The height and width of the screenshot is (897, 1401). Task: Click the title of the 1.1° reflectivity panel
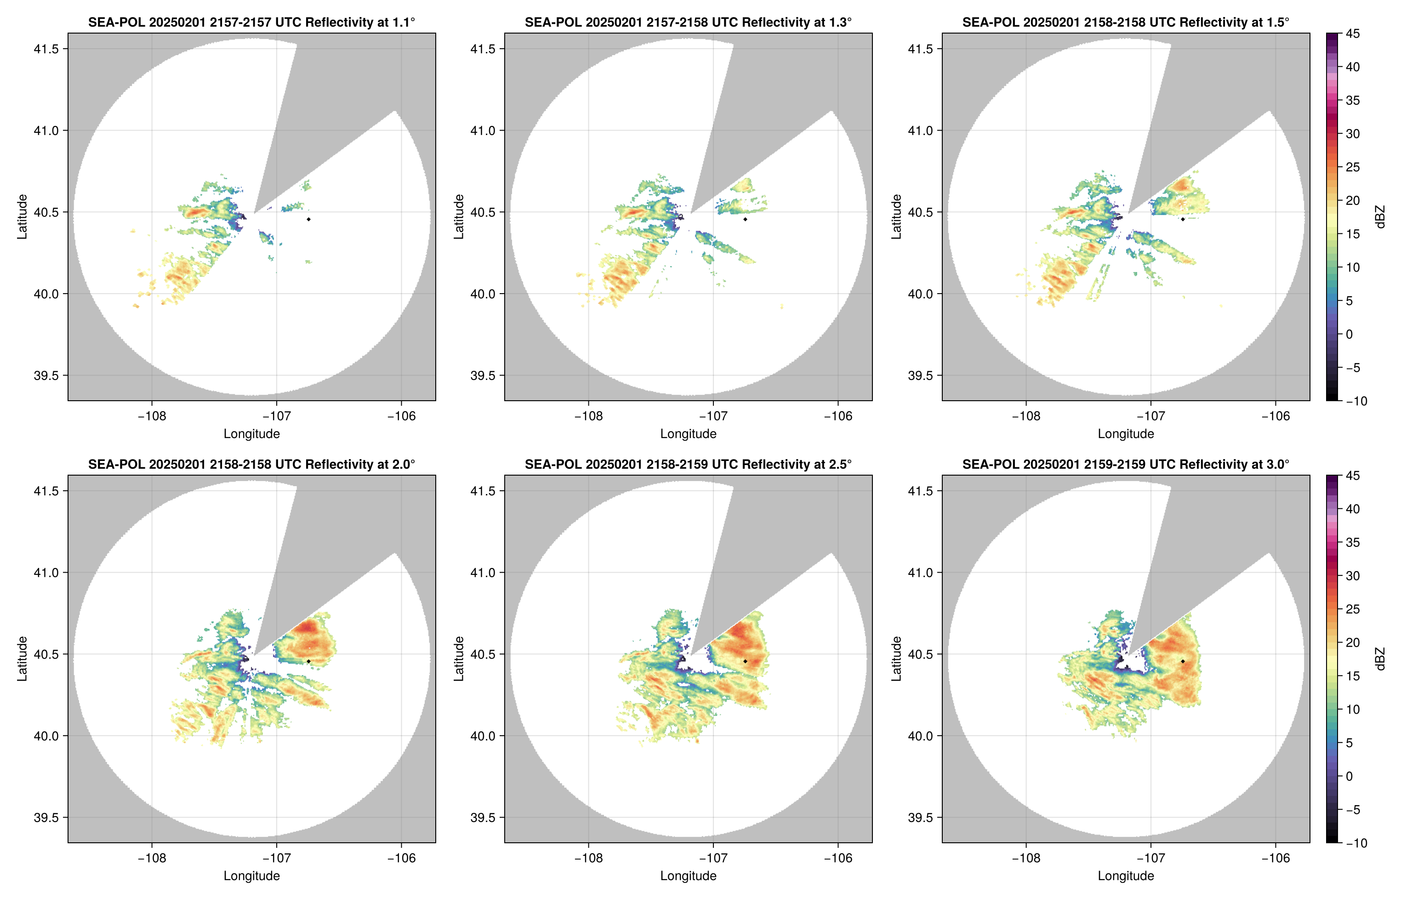coord(251,22)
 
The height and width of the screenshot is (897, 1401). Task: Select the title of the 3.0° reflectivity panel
coord(1126,464)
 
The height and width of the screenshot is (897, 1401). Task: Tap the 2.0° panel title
coord(251,464)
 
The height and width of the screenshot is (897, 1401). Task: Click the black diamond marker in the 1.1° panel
coord(308,219)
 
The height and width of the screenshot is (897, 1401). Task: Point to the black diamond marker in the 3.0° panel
coord(1183,661)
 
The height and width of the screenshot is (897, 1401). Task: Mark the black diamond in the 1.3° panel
coord(745,219)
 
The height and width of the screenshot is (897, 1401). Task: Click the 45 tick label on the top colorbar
coord(1353,34)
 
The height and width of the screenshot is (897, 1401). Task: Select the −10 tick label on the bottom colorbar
coord(1355,843)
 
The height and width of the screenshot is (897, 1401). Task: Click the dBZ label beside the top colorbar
coord(1380,217)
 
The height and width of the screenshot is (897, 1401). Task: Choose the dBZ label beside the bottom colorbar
coord(1380,659)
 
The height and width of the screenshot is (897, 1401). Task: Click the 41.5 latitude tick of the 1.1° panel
coord(46,49)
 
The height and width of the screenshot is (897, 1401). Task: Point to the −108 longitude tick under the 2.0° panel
coord(152,858)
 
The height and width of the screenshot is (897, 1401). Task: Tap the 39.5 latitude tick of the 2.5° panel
coord(484,817)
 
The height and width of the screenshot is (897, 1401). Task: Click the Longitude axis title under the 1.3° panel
coord(688,433)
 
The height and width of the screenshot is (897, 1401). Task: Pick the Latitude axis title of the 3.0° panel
coord(896,659)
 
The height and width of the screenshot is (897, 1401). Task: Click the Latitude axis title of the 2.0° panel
coord(22,659)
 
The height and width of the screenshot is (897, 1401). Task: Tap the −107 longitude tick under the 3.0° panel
coord(1150,858)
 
